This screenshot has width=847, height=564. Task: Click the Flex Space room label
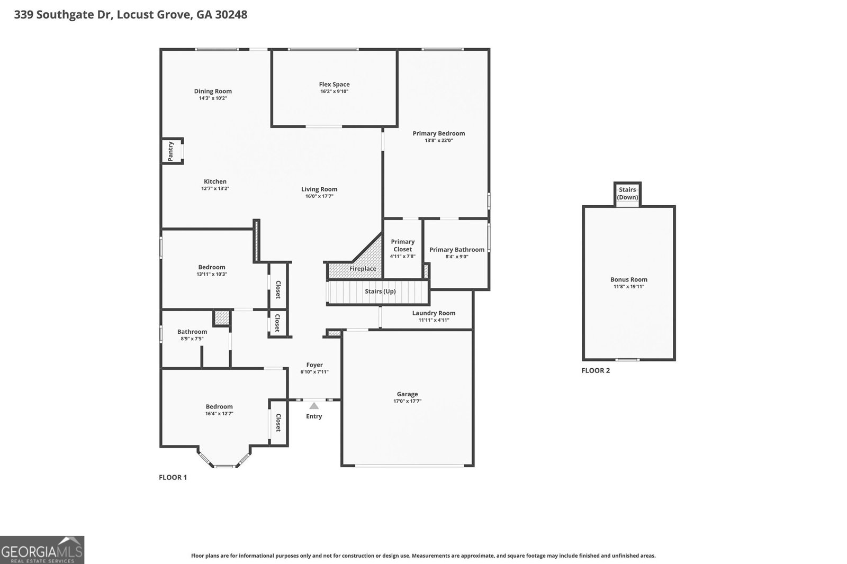[334, 84]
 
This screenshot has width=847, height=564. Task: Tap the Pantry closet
[172, 151]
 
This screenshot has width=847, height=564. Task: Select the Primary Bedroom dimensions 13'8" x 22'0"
[438, 141]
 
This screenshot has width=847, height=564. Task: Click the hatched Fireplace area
[363, 268]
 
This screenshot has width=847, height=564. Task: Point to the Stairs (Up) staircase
[379, 292]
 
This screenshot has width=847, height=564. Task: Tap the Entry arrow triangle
[314, 406]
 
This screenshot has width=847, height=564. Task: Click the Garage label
[407, 394]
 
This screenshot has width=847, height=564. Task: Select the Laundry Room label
[434, 313]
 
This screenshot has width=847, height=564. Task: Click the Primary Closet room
[402, 249]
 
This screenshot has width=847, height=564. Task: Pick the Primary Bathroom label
[456, 250]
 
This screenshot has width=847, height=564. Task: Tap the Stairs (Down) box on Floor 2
[627, 193]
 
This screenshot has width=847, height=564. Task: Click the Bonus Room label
[628, 279]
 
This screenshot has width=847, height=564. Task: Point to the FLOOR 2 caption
[596, 370]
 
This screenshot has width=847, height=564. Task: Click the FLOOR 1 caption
[173, 477]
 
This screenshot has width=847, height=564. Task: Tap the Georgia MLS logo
[42, 550]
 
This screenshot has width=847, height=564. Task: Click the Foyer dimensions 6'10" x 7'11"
[314, 372]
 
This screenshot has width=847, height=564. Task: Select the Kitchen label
[215, 181]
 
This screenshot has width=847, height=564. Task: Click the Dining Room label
[213, 91]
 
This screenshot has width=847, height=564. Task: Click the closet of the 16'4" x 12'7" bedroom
[278, 422]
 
